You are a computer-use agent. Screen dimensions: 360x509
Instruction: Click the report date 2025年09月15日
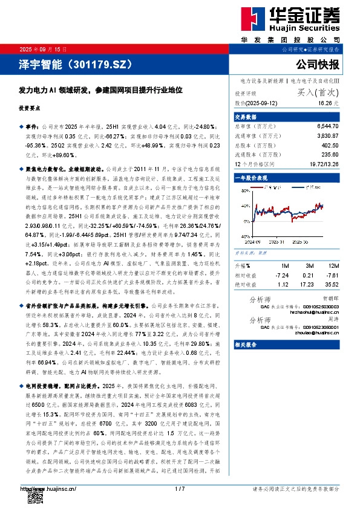[43, 48]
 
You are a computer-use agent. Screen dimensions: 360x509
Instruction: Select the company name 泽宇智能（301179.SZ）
[65, 63]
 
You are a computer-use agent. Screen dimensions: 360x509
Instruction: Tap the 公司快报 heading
[318, 64]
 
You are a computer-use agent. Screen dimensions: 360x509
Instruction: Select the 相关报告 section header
[246, 344]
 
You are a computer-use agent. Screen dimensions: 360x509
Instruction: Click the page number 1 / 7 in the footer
[180, 488]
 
